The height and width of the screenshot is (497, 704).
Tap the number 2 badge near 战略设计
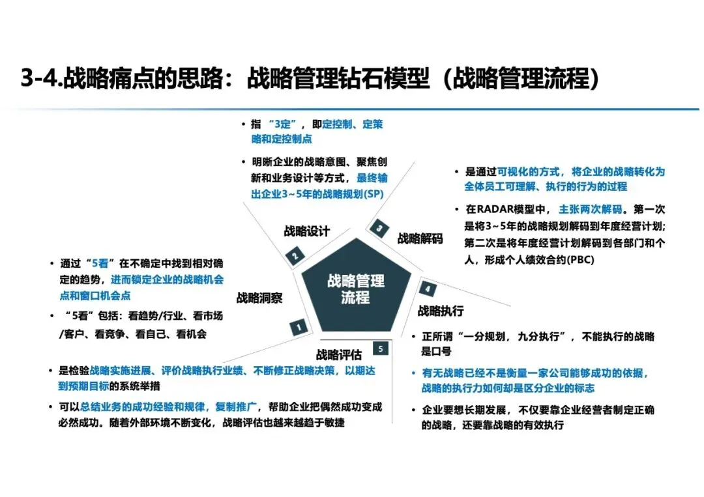(295, 255)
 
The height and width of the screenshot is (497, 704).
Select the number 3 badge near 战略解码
(379, 228)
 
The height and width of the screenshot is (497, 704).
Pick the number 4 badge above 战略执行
(428, 289)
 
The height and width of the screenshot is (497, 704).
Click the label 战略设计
(306, 231)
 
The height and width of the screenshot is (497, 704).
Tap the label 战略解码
(420, 239)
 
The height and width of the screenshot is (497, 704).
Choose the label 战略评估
(339, 355)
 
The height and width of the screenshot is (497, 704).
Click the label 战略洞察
(259, 298)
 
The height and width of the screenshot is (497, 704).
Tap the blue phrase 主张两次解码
(592, 210)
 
